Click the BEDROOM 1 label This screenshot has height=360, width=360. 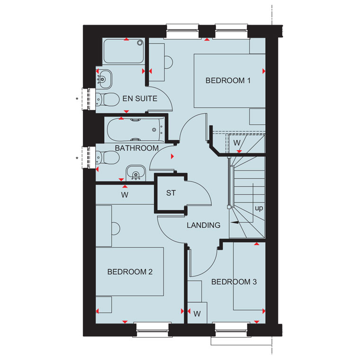pos(228,81)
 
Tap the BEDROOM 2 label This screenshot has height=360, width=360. pos(130,272)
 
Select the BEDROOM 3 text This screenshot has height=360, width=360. pos(234,282)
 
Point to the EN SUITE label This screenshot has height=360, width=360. pos(140,99)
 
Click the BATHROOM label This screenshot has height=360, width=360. pos(136,148)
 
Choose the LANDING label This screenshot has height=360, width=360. pos(203,225)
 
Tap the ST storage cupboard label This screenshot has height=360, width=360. pos(171,193)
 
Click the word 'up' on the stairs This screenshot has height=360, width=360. pos(259,208)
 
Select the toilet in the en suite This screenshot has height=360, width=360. pos(108,99)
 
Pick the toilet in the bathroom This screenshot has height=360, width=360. pos(108,157)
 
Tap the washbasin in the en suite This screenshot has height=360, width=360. pos(104,79)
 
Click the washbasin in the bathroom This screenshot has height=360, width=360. pos(135,172)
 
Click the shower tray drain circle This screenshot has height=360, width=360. pos(140,43)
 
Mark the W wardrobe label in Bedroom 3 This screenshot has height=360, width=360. pos(197,314)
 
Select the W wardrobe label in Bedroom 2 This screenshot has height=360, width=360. pos(125,195)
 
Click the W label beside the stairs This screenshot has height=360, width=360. pos(237,143)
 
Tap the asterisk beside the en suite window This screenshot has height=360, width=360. pos(77,99)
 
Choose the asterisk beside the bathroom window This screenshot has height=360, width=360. pos(77,158)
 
